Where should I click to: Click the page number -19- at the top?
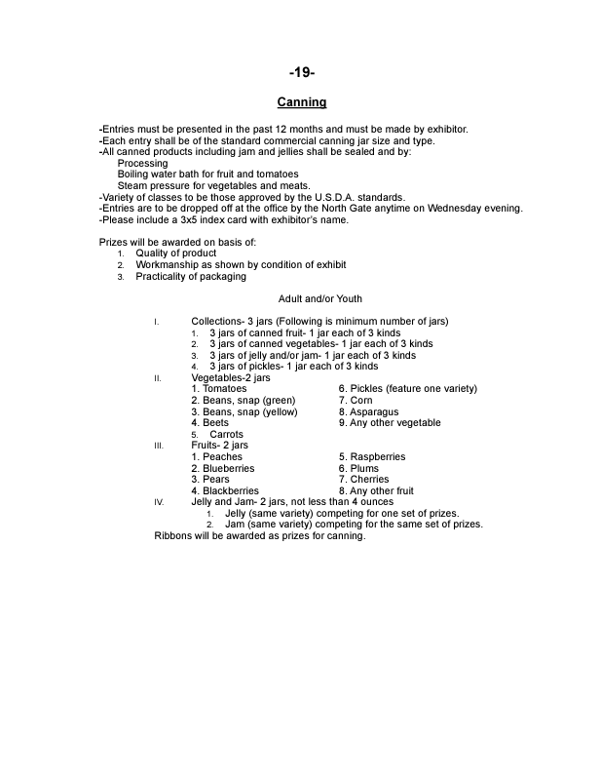(x=301, y=73)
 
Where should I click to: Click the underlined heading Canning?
(x=301, y=102)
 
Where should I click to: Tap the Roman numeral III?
(x=158, y=446)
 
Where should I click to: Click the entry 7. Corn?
(x=356, y=400)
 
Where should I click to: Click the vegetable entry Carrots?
(x=226, y=434)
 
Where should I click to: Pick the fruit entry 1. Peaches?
(x=217, y=456)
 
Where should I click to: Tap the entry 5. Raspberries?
(x=372, y=456)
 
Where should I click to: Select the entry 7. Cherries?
(x=364, y=479)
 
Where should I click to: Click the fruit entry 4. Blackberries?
(x=225, y=490)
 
